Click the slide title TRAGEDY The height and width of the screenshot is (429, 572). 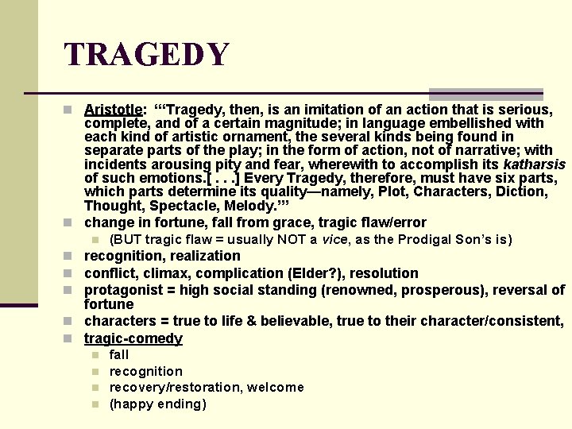coord(147,54)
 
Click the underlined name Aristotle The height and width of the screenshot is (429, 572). coord(113,110)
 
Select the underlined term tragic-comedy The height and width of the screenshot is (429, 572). coord(133,338)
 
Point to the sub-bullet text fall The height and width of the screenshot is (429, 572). coord(118,355)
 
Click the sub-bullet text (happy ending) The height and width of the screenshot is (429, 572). coord(157,404)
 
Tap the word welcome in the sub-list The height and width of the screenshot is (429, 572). coord(275,388)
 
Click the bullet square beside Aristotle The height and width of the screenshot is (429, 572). coord(71,110)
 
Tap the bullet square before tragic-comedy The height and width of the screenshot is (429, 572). coord(71,339)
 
